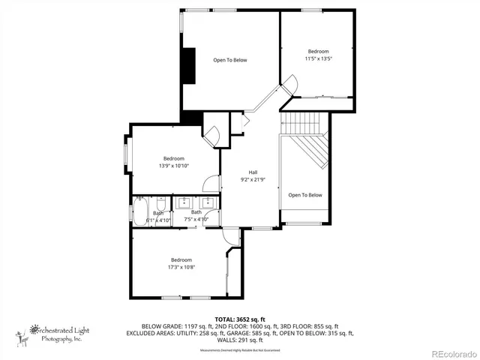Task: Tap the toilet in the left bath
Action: (x=160, y=205)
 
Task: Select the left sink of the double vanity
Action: (x=184, y=202)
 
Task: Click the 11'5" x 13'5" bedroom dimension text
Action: (x=318, y=58)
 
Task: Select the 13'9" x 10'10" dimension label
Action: (x=173, y=166)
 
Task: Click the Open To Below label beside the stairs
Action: (x=305, y=195)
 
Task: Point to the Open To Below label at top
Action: (x=229, y=60)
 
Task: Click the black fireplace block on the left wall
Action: (x=190, y=66)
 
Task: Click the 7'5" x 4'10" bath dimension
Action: (x=196, y=219)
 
